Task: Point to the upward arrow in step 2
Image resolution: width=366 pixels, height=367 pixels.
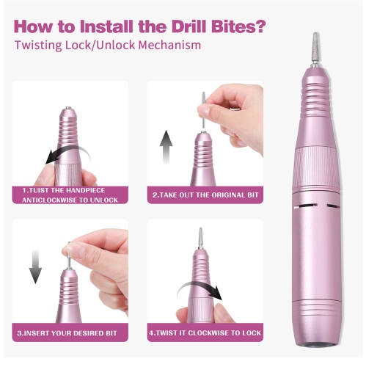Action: (x=166, y=147)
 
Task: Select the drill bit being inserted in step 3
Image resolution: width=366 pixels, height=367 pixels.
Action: (x=68, y=253)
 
